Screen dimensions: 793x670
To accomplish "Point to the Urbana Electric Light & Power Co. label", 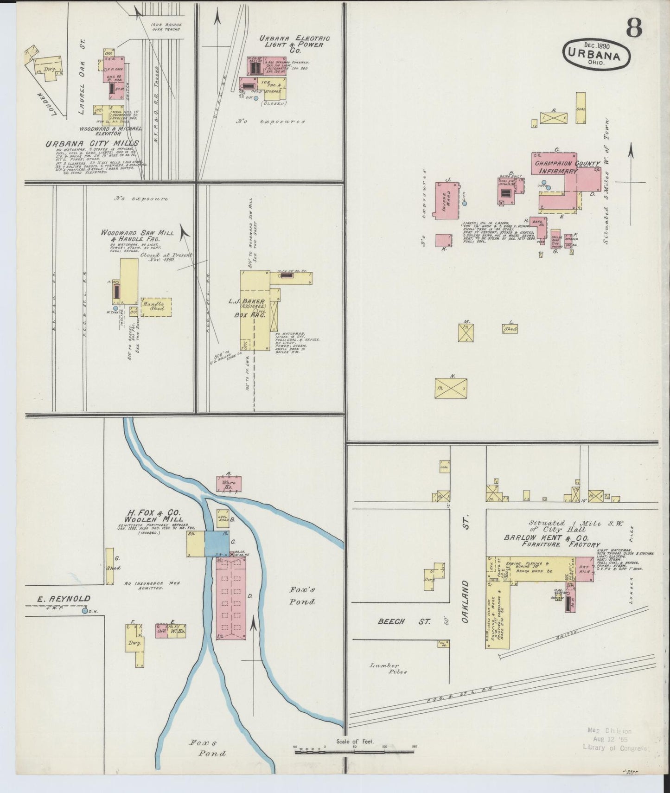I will click(294, 45).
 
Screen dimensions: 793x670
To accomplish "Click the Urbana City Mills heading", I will click(92, 143).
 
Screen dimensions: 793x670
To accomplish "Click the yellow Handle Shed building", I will click(156, 307).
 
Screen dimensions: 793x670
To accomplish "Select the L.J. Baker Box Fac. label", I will click(253, 307).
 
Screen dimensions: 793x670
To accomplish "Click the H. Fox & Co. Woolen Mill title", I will click(153, 516).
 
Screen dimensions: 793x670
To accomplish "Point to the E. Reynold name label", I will click(64, 598).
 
